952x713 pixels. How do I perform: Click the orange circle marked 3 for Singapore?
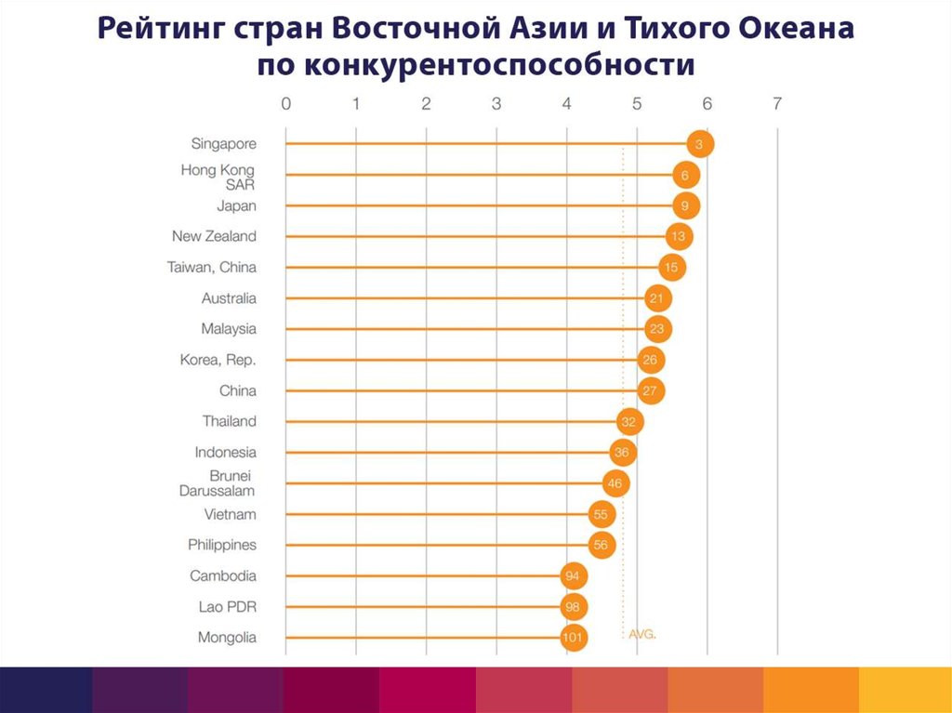pos(700,144)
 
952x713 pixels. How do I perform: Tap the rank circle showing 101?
pos(575,638)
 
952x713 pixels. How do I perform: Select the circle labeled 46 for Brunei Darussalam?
pos(615,483)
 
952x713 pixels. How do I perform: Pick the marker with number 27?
pos(652,390)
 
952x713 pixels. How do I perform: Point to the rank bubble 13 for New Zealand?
pos(679,237)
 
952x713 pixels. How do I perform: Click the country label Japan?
pos(236,205)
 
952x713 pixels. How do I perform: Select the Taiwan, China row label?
pos(211,268)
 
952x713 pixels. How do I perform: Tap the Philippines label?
pos(221,545)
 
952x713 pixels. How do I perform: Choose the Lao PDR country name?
pos(227,607)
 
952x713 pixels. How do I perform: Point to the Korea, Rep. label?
pos(218,360)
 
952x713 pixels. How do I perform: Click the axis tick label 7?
pos(777,104)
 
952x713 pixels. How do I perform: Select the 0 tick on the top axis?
pos(285,104)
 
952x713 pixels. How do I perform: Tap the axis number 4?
pos(566,104)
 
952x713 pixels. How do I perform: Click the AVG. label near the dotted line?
pos(642,633)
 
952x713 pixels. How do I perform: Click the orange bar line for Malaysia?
pos(465,329)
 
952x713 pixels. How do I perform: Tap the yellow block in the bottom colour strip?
pos(905,689)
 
